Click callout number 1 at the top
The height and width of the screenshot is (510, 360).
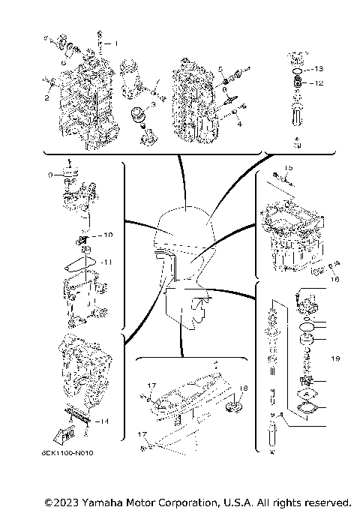(x=115, y=43)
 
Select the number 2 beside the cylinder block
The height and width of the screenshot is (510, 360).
(x=46, y=97)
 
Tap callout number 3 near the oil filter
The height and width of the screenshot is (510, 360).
(x=153, y=106)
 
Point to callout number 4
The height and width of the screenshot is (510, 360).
(x=238, y=124)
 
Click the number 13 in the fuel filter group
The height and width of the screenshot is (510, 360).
(x=318, y=68)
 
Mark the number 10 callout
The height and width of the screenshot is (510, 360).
(x=107, y=235)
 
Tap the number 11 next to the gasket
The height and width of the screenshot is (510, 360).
(x=107, y=262)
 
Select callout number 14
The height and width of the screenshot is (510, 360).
(x=103, y=421)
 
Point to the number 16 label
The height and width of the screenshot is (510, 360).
(x=334, y=278)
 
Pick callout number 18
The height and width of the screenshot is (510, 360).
(x=243, y=388)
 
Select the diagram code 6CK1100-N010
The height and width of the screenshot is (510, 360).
(x=78, y=454)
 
